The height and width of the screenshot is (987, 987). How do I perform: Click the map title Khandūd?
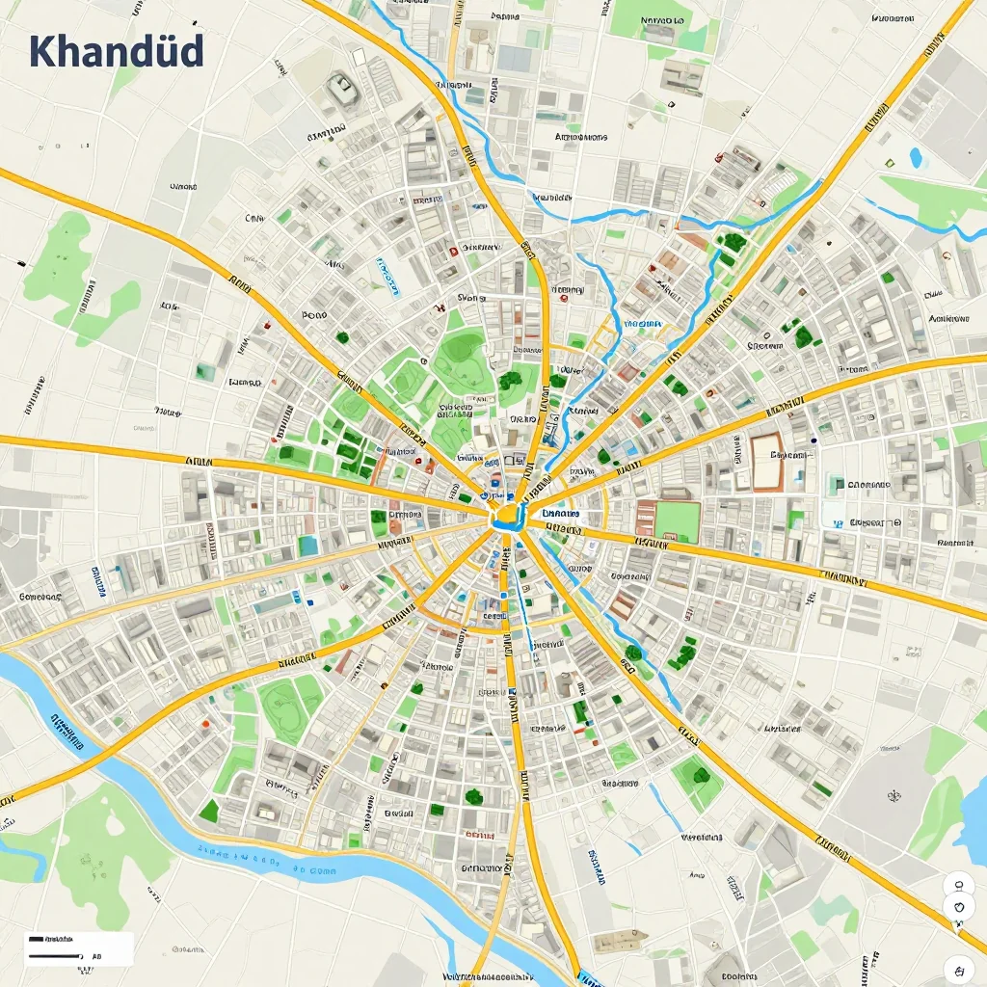click(116, 50)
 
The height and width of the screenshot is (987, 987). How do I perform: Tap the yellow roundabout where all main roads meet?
click(506, 519)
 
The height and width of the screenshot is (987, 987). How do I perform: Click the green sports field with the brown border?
click(677, 521)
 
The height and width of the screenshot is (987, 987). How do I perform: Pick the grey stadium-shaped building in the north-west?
click(341, 90)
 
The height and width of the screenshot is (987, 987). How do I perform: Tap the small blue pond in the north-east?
click(916, 156)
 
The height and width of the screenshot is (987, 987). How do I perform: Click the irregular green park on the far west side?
click(72, 275)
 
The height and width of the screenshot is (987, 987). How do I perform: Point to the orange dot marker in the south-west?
click(205, 722)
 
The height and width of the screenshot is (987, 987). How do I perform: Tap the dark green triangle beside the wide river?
click(209, 812)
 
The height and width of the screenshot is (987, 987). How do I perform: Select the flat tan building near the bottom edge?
click(620, 941)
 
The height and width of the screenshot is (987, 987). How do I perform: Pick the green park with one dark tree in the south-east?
click(697, 776)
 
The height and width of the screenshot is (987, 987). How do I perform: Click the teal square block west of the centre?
click(307, 546)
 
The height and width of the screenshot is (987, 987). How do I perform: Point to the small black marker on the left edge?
click(20, 262)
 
